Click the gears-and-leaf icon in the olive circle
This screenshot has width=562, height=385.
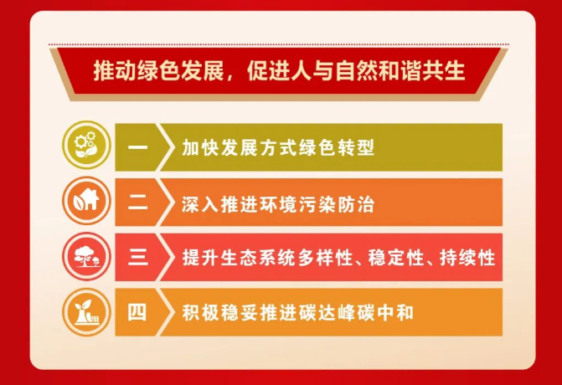[86, 145]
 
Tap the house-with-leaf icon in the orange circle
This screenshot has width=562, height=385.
[86, 201]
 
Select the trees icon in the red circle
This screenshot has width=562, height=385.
[86, 256]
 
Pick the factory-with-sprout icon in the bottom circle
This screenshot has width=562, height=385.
[86, 312]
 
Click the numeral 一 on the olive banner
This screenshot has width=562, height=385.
[137, 147]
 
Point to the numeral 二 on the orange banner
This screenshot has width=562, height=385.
[137, 203]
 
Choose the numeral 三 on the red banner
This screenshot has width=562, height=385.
[137, 258]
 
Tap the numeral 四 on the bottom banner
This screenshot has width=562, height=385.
[137, 312]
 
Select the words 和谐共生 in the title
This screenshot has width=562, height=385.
[422, 70]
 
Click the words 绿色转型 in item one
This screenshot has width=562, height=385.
[336, 147]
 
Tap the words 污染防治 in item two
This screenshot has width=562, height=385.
[336, 205]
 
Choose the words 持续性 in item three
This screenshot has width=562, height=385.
[467, 258]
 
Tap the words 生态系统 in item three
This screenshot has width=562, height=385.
[259, 258]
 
